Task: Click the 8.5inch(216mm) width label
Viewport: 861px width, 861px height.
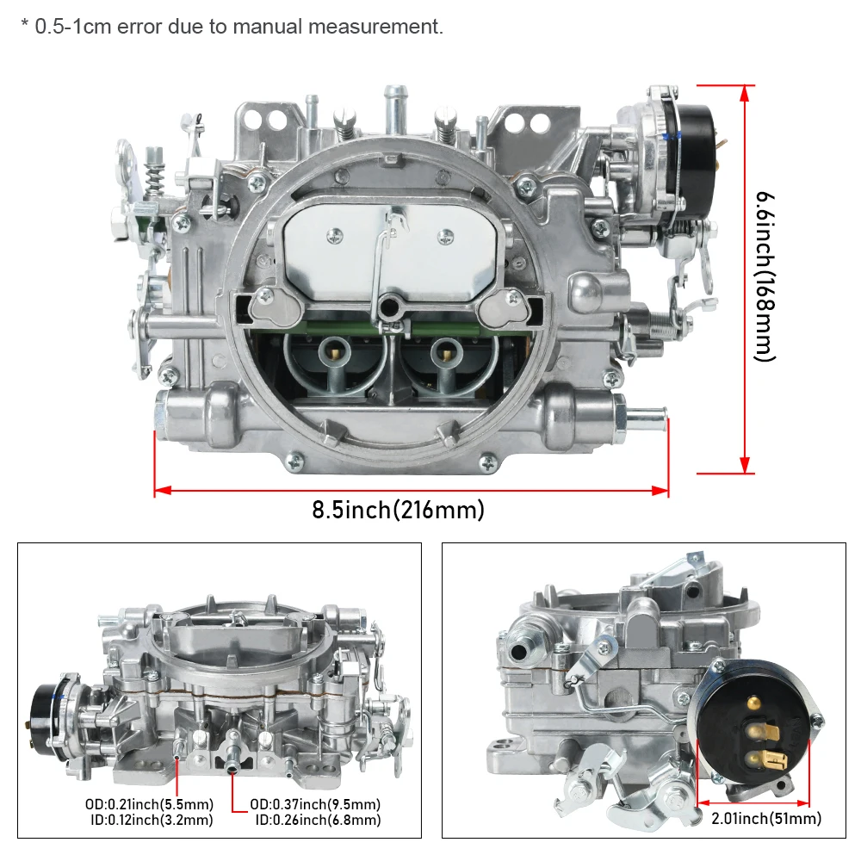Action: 398,510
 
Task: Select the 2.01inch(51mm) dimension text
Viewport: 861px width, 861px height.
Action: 765,818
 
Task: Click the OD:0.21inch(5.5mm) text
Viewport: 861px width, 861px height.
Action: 148,804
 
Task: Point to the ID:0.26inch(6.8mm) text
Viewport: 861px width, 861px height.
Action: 318,821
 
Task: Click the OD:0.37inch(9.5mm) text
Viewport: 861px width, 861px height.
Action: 316,804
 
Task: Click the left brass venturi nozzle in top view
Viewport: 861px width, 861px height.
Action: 331,348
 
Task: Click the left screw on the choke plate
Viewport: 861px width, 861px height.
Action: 332,232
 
